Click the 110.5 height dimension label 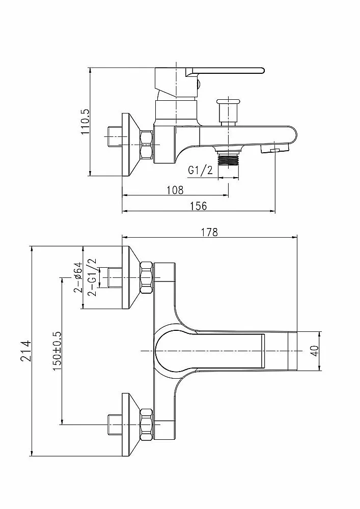click(x=86, y=122)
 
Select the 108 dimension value click(x=175, y=190)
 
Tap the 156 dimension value click(x=199, y=206)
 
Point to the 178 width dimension click(x=209, y=232)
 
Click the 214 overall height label click(x=25, y=351)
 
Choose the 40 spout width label click(x=315, y=351)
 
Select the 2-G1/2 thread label click(x=92, y=277)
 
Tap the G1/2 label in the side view click(x=200, y=170)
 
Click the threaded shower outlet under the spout click(x=229, y=158)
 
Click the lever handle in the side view click(x=225, y=71)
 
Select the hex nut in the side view click(x=147, y=145)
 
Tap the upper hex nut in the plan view click(x=147, y=278)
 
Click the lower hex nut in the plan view click(x=147, y=425)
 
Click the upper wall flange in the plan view click(x=131, y=278)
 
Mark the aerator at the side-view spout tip click(x=274, y=149)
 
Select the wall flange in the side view click(x=131, y=145)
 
